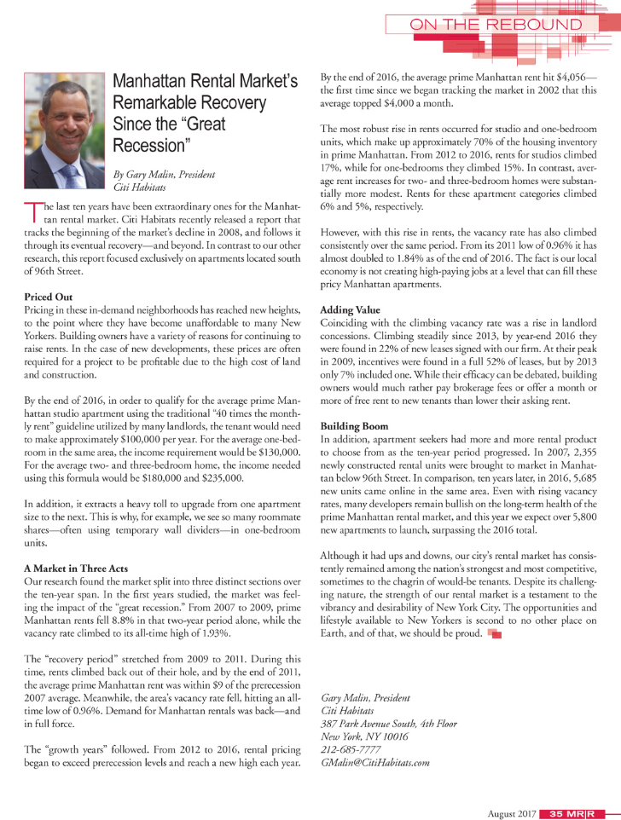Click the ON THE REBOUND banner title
(x=496, y=25)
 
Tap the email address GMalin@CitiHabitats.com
(x=374, y=762)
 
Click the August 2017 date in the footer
(x=513, y=812)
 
